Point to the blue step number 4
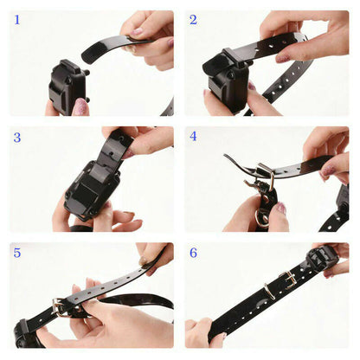click(194, 137)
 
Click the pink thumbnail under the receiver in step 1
click(80, 106)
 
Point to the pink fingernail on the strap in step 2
click(282, 58)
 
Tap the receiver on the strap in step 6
click(321, 256)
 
